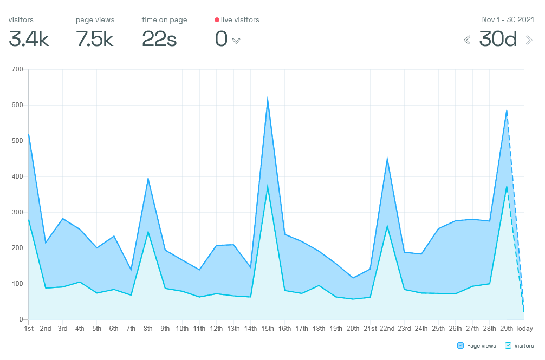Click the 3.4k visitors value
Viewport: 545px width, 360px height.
coord(29,40)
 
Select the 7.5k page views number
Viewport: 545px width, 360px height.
coord(95,40)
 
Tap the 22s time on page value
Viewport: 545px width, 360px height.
coord(159,40)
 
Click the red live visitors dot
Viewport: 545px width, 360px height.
coord(217,20)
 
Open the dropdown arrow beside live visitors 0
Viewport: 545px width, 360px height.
coord(236,41)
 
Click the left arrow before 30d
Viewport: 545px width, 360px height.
coord(467,40)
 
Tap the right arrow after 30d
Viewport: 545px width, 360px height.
coord(529,40)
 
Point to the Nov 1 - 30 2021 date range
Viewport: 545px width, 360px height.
coord(508,20)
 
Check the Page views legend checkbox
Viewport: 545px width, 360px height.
coord(460,345)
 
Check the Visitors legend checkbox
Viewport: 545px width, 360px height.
coord(508,345)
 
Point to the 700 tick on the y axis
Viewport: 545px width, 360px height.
coord(17,69)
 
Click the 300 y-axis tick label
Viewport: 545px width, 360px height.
coord(17,212)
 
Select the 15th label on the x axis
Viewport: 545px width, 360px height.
coord(268,329)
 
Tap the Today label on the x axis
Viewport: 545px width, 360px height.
coord(524,329)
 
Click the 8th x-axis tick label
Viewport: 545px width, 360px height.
coord(148,329)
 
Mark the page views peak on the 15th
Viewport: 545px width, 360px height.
coord(268,99)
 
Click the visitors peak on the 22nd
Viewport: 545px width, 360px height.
coord(387,226)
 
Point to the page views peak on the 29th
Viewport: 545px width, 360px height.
coord(507,110)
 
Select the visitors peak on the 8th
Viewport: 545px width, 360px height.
coord(148,232)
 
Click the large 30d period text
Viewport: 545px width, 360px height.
coord(498,40)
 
